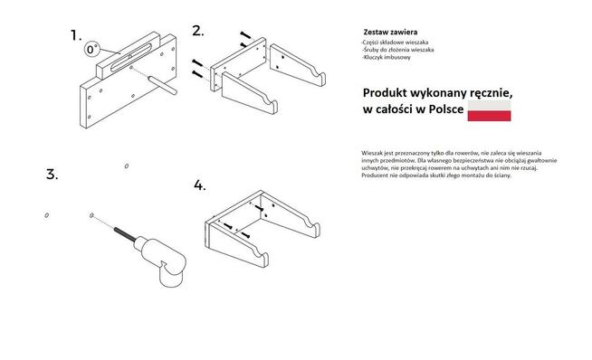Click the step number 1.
76,35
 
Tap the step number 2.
198,31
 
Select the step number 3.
53,175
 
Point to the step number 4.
200,185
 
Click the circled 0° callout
91,49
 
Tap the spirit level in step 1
129,56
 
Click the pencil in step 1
162,85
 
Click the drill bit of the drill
124,234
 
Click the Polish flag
489,111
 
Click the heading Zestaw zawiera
390,32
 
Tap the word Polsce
446,109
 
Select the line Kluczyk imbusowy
386,57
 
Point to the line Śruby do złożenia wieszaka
397,50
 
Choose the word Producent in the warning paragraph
374,175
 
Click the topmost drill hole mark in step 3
127,166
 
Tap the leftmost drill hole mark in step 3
47,215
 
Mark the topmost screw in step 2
245,35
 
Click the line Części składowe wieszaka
395,43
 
